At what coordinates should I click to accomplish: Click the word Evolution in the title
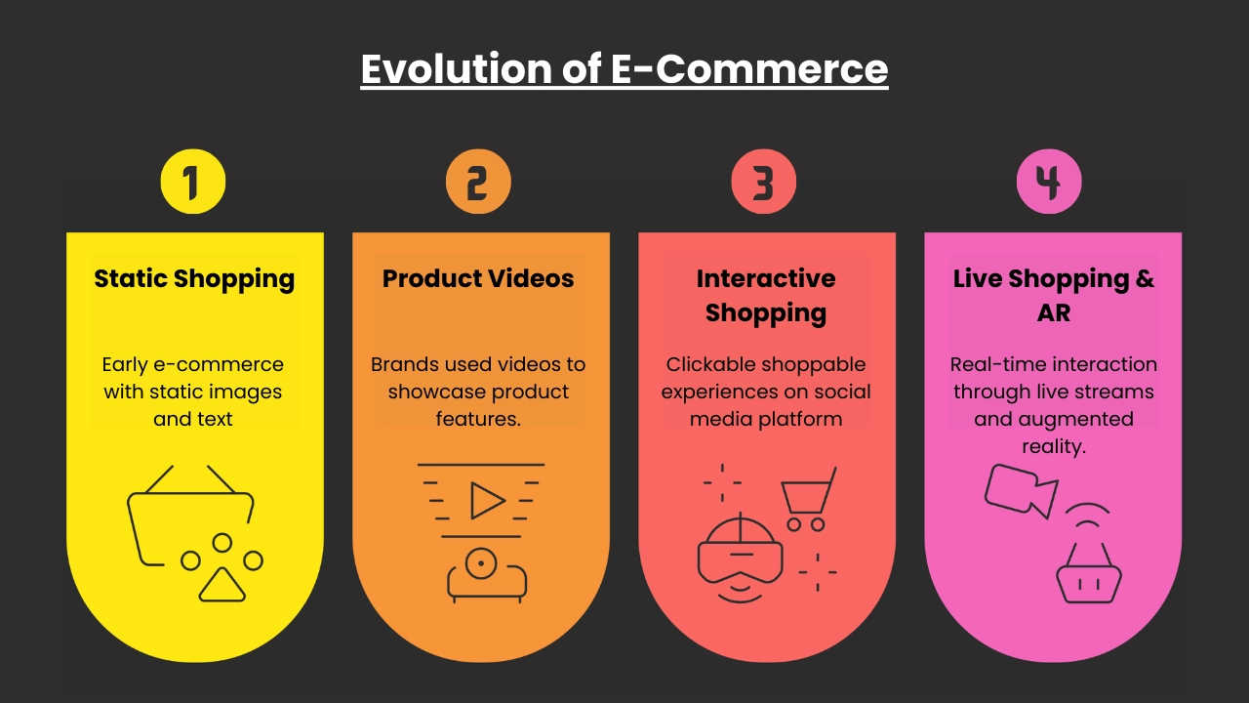457,68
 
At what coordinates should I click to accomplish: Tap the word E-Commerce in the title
749,68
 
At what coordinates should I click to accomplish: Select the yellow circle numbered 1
193,182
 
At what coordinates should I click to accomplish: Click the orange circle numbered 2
478,182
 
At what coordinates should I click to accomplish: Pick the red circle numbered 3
763,182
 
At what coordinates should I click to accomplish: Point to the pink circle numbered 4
1049,182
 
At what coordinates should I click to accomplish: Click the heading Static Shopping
194,279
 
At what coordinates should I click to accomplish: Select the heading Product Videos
478,278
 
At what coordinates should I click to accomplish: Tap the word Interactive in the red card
766,278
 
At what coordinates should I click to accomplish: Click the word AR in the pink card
1053,312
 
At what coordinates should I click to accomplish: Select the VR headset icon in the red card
740,558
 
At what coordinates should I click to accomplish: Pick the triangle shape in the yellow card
222,585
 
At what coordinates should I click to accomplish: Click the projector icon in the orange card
487,575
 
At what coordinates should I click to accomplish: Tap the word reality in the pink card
1053,446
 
